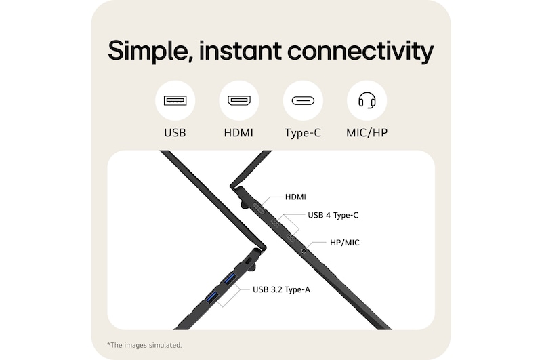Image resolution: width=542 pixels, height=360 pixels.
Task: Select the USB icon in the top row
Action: (175, 101)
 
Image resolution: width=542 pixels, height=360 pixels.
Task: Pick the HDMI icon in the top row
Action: (238, 101)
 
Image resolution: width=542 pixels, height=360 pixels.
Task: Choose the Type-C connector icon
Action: (303, 101)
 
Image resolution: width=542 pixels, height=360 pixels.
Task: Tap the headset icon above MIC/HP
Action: (367, 101)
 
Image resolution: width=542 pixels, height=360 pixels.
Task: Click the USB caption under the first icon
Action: (175, 133)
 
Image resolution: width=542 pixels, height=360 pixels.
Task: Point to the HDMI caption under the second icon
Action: (238, 133)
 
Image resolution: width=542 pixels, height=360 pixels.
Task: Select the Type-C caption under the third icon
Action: (303, 133)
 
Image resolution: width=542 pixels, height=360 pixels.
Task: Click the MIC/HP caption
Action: (367, 133)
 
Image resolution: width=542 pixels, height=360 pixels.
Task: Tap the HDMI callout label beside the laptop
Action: (295, 197)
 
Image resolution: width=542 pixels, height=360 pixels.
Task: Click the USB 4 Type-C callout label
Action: (333, 215)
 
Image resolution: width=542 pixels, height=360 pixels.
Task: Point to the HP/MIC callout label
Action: (345, 241)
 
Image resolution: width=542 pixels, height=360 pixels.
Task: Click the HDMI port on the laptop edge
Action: (259, 207)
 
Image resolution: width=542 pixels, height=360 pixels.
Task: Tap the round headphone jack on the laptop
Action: (303, 250)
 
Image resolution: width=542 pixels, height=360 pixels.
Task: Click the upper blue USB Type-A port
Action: (229, 278)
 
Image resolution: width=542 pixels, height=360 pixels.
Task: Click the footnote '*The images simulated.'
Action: (145, 345)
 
